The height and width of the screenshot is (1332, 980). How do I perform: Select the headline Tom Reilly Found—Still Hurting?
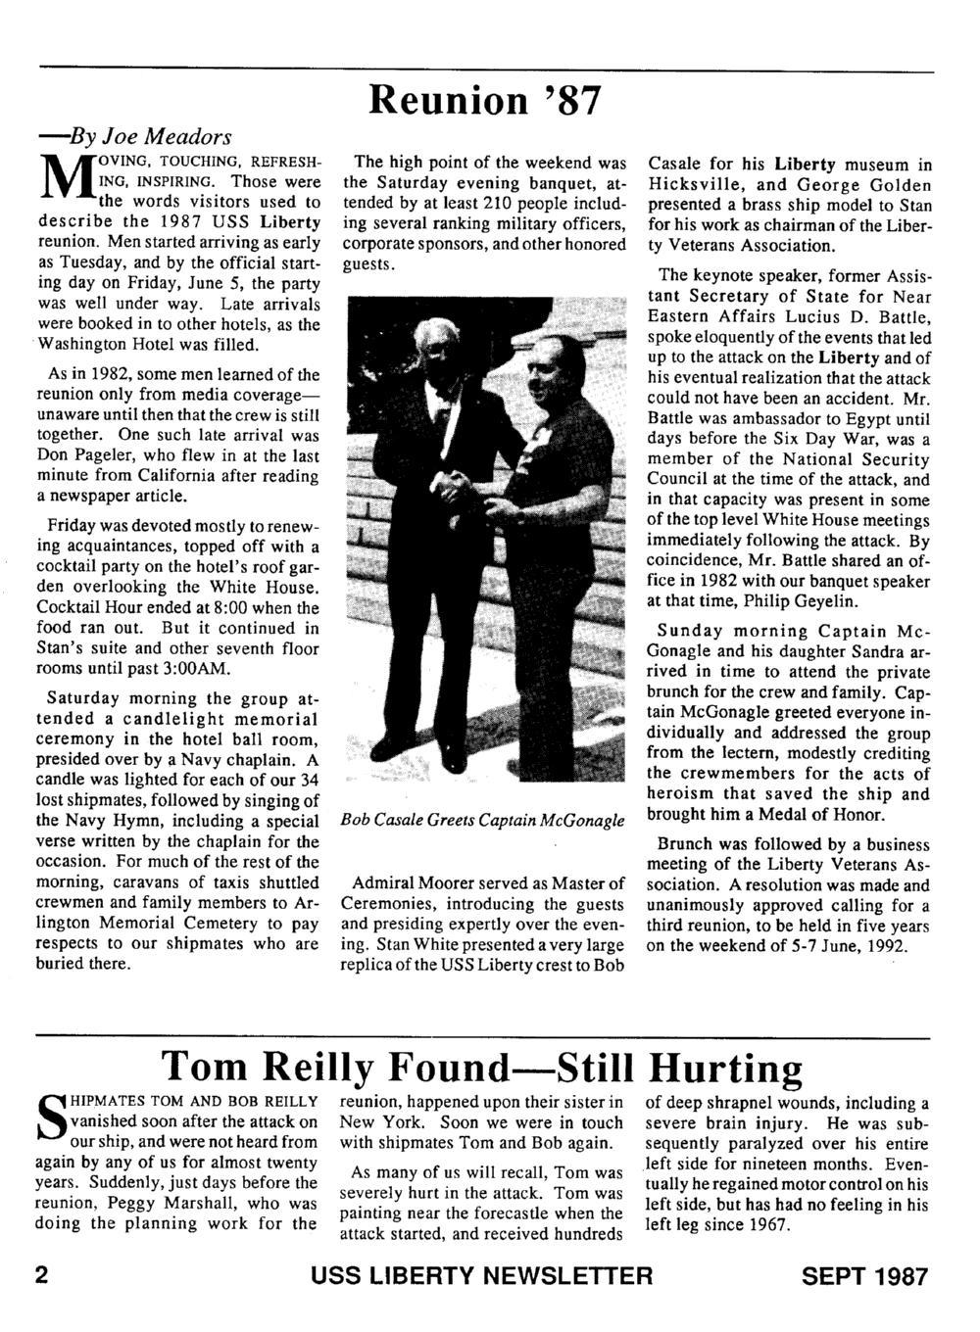[482, 1067]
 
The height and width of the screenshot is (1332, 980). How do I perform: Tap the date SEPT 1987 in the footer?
[864, 1276]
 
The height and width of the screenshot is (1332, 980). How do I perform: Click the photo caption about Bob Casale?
[482, 820]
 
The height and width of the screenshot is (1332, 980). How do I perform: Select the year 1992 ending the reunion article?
[882, 946]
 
